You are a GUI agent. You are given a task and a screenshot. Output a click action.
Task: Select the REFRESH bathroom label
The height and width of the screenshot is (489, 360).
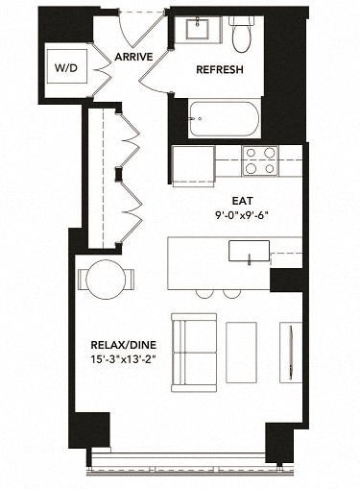[220, 70]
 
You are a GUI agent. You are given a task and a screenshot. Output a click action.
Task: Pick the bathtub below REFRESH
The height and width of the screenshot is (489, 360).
[225, 119]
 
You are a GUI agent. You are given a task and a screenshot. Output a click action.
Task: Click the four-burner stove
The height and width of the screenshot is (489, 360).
[260, 160]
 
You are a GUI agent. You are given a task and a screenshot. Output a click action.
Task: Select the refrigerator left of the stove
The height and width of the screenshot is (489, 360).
[193, 162]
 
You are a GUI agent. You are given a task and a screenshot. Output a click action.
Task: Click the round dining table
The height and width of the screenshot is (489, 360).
[107, 278]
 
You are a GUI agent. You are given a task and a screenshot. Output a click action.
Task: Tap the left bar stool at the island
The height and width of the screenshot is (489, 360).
[206, 291]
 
